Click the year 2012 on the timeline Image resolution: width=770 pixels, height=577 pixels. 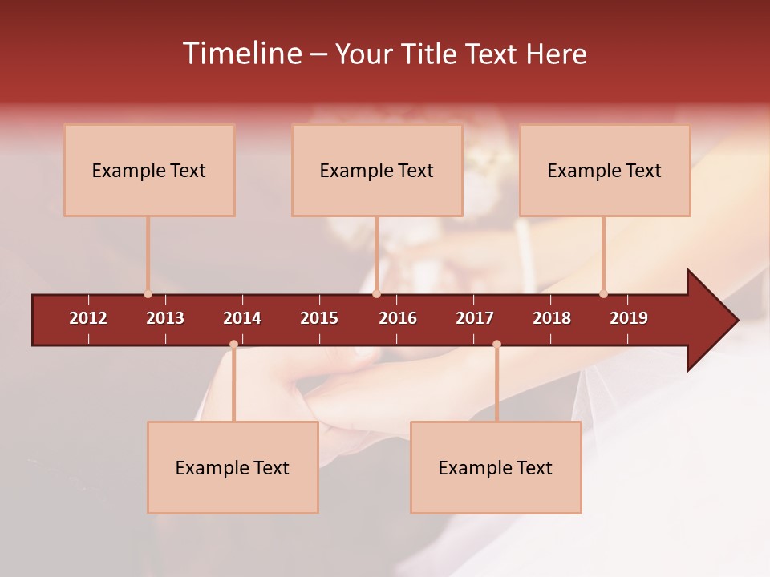coord(88,318)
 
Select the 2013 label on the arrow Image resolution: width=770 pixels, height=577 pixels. coord(165,318)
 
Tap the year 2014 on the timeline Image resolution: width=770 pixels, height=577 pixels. coord(242,318)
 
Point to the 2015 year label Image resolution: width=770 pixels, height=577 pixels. coord(319,318)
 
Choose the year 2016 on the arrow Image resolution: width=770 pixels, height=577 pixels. coord(398,318)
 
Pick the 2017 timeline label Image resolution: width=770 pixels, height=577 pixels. coord(475,318)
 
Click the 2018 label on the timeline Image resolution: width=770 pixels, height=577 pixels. coord(552,318)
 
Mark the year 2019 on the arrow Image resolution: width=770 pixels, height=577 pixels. coord(629,318)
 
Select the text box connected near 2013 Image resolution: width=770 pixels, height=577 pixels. coord(149,170)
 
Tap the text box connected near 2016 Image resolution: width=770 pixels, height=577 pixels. coord(377,170)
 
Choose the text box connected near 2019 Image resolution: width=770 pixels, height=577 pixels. coord(605,170)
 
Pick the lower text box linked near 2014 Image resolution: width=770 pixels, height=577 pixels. coord(233,467)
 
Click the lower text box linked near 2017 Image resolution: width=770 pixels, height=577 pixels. coord(496,467)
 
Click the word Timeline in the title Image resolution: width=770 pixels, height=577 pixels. coord(241,54)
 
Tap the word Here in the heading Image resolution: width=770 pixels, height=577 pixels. coord(556,54)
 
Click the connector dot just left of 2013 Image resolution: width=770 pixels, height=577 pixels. coord(148,293)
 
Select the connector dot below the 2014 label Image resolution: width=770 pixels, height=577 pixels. coord(233,344)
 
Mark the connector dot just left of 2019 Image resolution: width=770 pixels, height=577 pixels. coord(603,293)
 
